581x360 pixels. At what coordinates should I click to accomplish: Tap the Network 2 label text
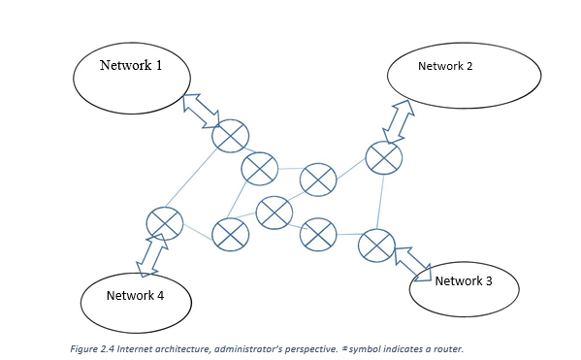coord(445,66)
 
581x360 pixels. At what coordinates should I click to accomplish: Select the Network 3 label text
coord(463,280)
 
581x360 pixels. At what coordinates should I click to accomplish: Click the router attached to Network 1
coord(231,136)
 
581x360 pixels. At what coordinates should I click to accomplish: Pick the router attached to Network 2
coord(384,156)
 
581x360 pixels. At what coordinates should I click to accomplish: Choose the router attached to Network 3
coord(375,245)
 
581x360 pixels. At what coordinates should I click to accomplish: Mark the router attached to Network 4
coord(164,223)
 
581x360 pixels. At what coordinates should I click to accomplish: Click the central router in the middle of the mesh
coord(274,213)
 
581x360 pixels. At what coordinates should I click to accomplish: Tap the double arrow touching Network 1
coord(201,109)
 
